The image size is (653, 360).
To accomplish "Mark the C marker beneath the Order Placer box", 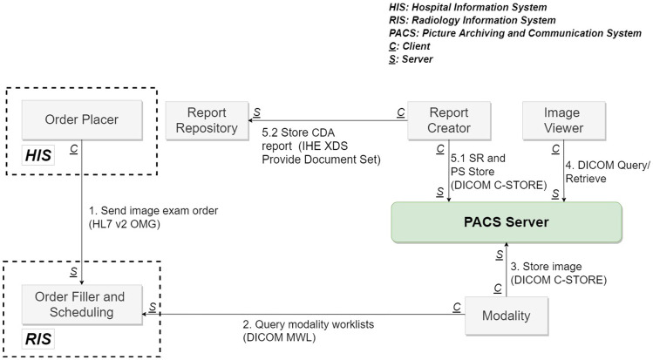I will (74, 150).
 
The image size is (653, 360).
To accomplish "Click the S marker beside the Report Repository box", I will (257, 111).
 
